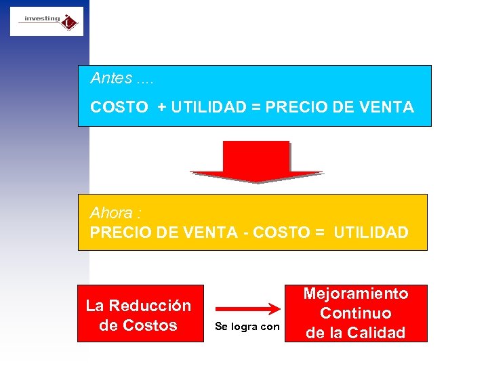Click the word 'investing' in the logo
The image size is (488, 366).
[42, 19]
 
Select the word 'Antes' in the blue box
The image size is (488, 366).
[112, 78]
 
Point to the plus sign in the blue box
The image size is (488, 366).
[161, 107]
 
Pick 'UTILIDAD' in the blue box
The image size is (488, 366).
[207, 107]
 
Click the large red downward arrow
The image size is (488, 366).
[256, 161]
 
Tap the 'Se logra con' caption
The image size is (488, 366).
[247, 327]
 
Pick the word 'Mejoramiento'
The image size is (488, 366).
[356, 293]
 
